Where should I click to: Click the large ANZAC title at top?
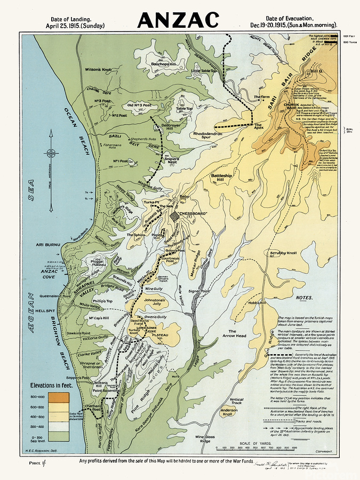[178, 20]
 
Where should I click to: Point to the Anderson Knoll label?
[229, 412]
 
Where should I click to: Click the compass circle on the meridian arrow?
[51, 154]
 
